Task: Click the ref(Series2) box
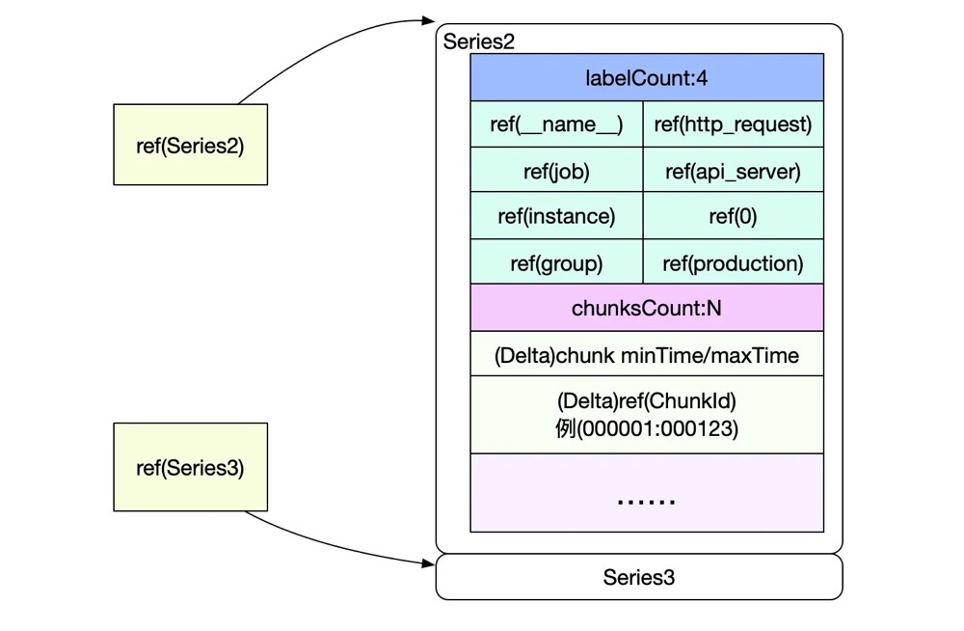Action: pyautogui.click(x=190, y=145)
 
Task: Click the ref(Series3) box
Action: pyautogui.click(x=190, y=467)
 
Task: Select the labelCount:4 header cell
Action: pyautogui.click(x=646, y=78)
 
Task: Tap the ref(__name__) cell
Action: pyautogui.click(x=556, y=124)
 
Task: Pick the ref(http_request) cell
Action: pyautogui.click(x=733, y=124)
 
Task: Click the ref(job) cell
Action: pyautogui.click(x=556, y=171)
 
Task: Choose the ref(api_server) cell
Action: pyautogui.click(x=733, y=171)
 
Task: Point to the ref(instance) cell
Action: pyautogui.click(x=556, y=216)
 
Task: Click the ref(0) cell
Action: pyautogui.click(x=733, y=216)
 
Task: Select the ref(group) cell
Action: pyautogui.click(x=556, y=262)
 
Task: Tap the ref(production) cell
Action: pyautogui.click(x=733, y=262)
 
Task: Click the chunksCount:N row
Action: pyautogui.click(x=646, y=309)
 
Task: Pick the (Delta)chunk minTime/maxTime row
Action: pyautogui.click(x=646, y=355)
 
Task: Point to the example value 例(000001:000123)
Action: pyautogui.click(x=646, y=427)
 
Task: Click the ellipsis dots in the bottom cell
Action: pyautogui.click(x=646, y=500)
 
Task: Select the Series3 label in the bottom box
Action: pyautogui.click(x=638, y=577)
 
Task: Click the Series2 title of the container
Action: pyautogui.click(x=479, y=41)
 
